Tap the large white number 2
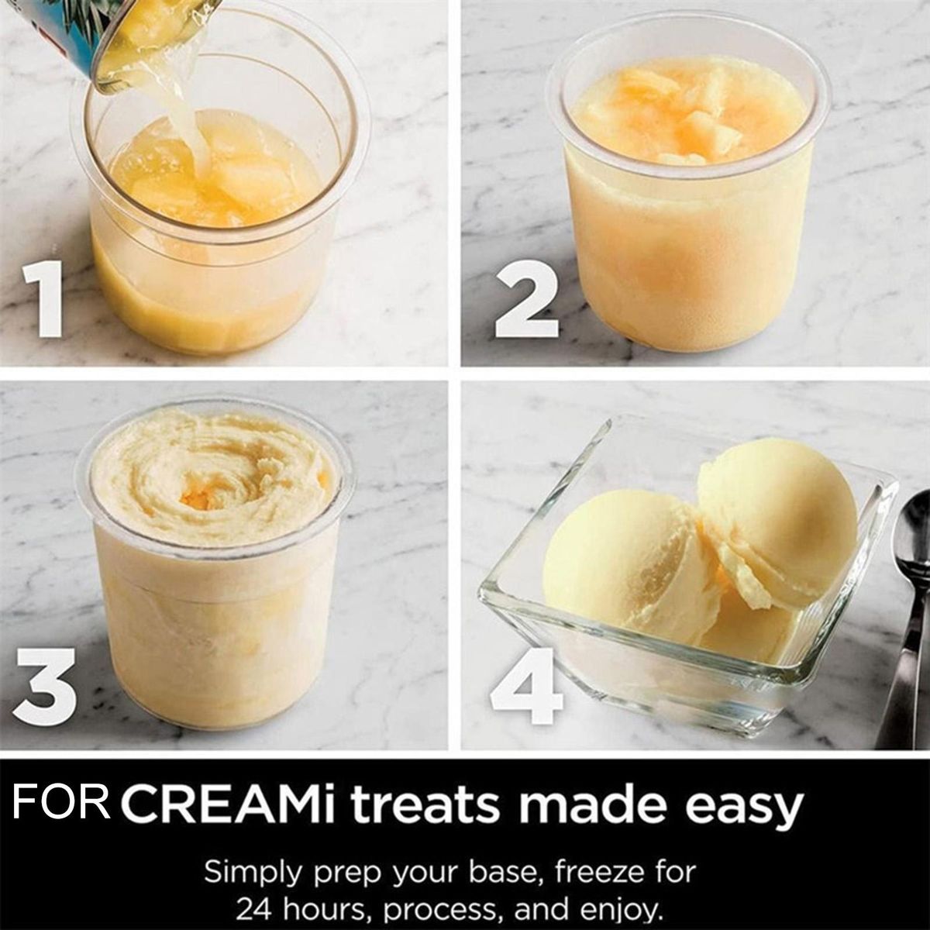tap(527, 298)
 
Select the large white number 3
tap(44, 687)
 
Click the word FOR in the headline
tap(61, 803)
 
